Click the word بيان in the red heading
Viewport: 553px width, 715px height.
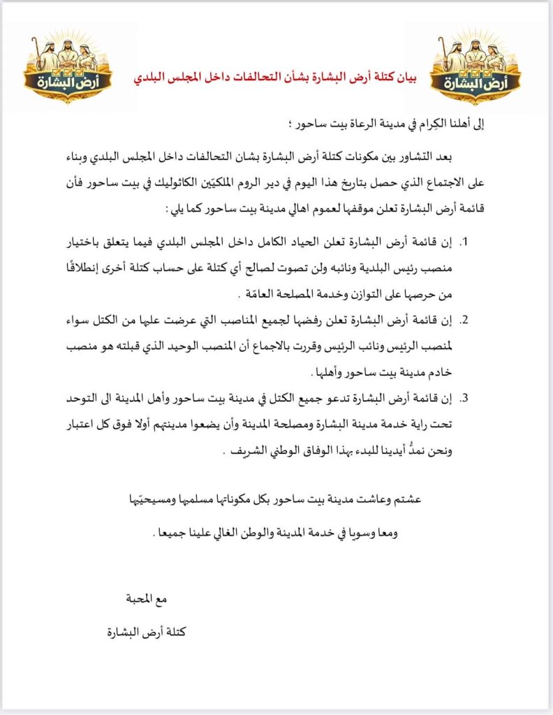401,77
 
